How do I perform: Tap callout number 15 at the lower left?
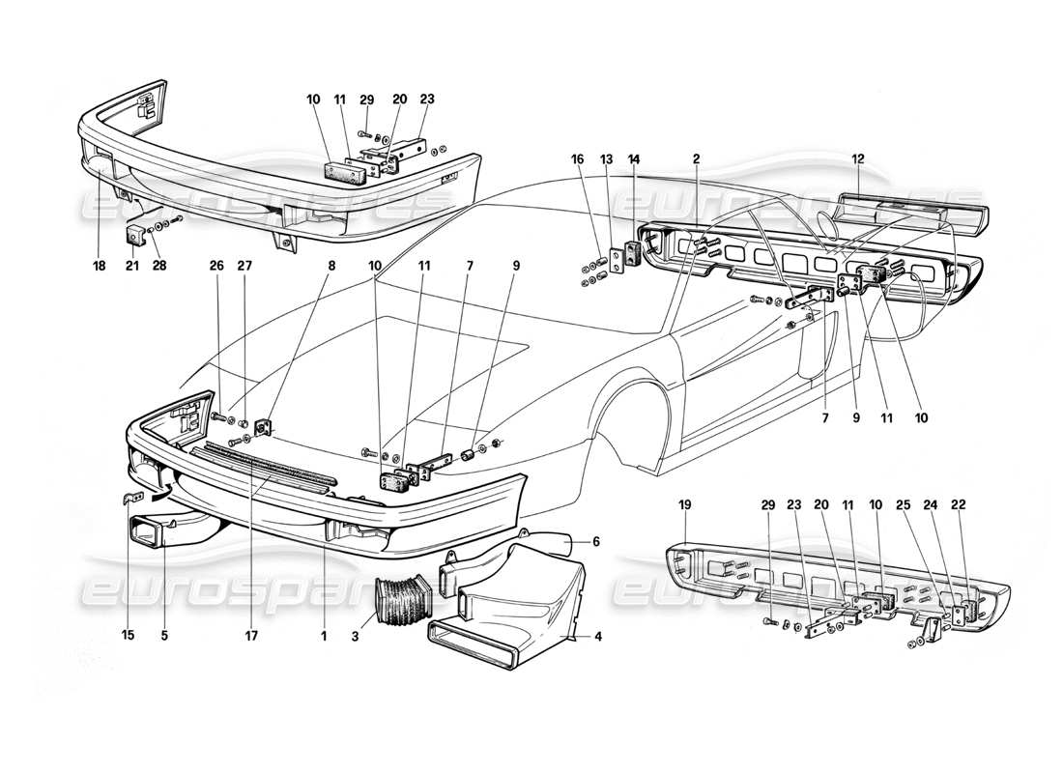pos(130,637)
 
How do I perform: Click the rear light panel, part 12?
pos(908,209)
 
